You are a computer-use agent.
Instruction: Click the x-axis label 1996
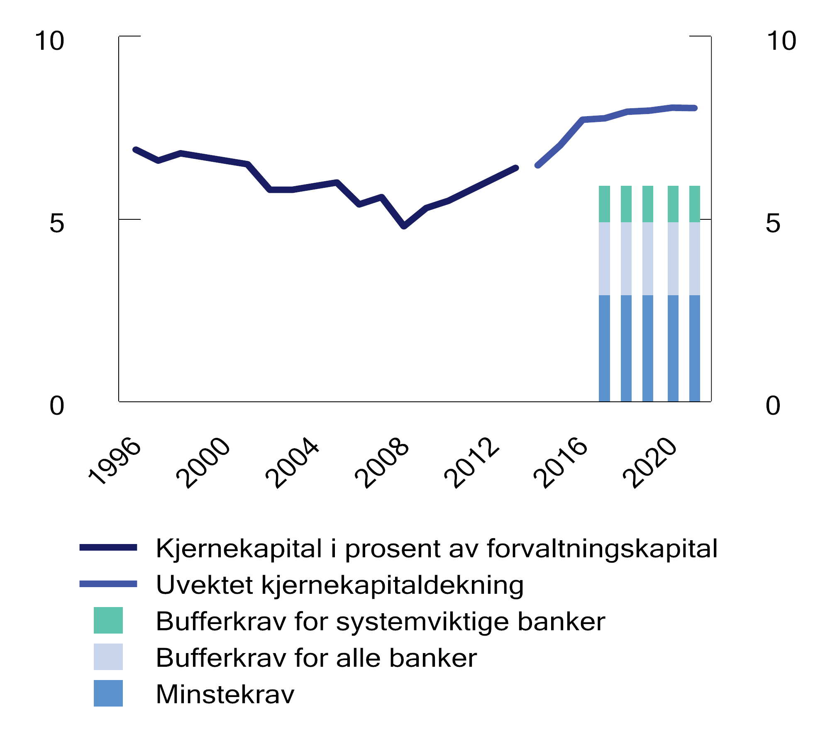(x=115, y=461)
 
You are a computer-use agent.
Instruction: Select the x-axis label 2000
(x=203, y=462)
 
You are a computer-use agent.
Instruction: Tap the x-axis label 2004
(x=293, y=462)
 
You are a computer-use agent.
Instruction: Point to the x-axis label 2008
(x=382, y=462)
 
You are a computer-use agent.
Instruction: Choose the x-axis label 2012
(x=471, y=462)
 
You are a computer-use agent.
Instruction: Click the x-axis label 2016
(x=561, y=462)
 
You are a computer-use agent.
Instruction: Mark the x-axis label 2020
(x=650, y=462)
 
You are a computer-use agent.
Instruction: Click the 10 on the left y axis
(x=49, y=41)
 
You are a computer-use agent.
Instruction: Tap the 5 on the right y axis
(x=773, y=223)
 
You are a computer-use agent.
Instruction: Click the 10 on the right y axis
(x=781, y=41)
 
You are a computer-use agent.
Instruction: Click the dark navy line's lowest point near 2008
(x=404, y=226)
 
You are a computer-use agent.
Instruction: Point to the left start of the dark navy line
(x=135, y=149)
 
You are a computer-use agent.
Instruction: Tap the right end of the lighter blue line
(x=695, y=108)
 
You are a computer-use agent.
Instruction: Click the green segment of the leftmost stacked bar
(x=604, y=204)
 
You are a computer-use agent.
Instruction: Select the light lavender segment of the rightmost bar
(x=694, y=258)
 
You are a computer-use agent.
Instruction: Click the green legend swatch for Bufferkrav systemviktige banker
(x=108, y=620)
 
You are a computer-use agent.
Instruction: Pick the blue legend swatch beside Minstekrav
(x=108, y=693)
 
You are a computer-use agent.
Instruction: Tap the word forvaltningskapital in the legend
(x=602, y=549)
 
